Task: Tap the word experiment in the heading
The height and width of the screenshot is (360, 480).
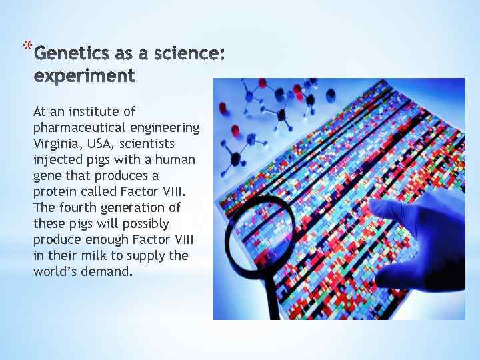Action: pyautogui.click(x=85, y=75)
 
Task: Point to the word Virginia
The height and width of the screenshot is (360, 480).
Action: pyautogui.click(x=54, y=143)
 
